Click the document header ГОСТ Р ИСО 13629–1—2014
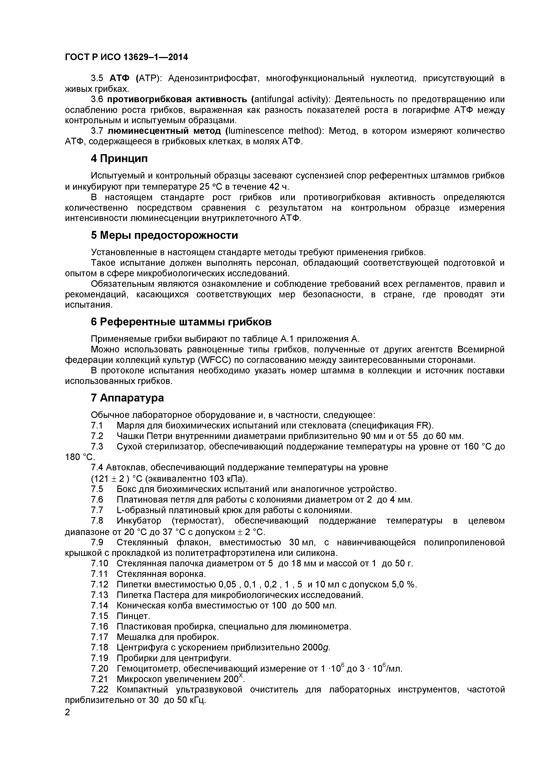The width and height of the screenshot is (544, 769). click(x=126, y=57)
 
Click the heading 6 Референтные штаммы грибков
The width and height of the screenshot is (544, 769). click(x=181, y=322)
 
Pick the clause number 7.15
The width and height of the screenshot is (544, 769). click(x=100, y=616)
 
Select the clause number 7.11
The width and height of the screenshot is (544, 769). click(x=100, y=574)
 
